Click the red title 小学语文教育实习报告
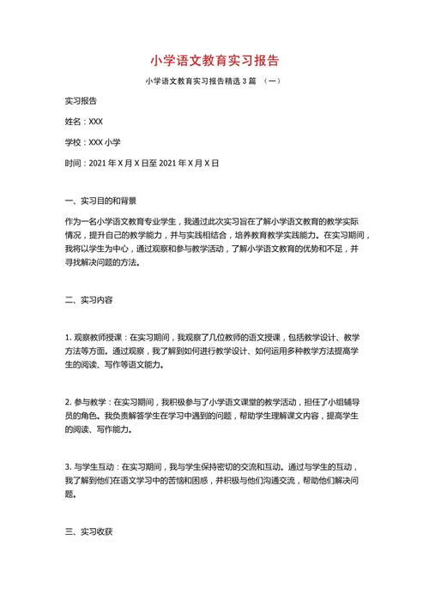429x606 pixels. pyautogui.click(x=214, y=61)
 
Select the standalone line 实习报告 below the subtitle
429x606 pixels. pyautogui.click(x=82, y=101)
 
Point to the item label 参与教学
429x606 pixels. pyautogui.click(x=88, y=401)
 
